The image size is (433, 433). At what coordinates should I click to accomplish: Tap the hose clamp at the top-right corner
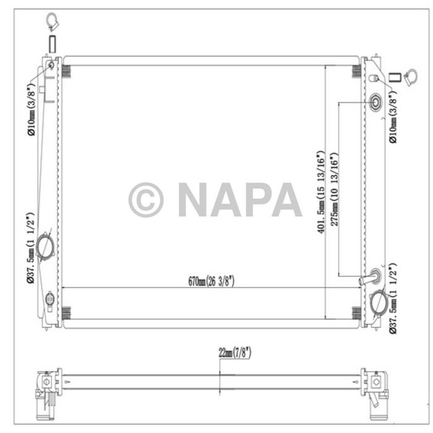click(x=410, y=78)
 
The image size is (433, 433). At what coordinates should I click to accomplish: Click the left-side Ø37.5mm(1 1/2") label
click(x=30, y=249)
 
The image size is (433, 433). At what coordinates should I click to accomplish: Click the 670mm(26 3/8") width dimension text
click(x=211, y=281)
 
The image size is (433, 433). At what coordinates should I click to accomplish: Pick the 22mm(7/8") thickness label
click(x=234, y=353)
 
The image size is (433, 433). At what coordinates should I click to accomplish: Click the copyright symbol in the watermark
click(x=146, y=200)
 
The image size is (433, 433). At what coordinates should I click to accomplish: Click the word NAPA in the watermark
click(x=239, y=200)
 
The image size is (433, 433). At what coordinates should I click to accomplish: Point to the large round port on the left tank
click(x=45, y=247)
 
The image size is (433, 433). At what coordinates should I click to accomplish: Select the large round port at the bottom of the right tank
click(x=379, y=302)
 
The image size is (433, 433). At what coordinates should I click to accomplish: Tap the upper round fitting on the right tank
click(x=376, y=101)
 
